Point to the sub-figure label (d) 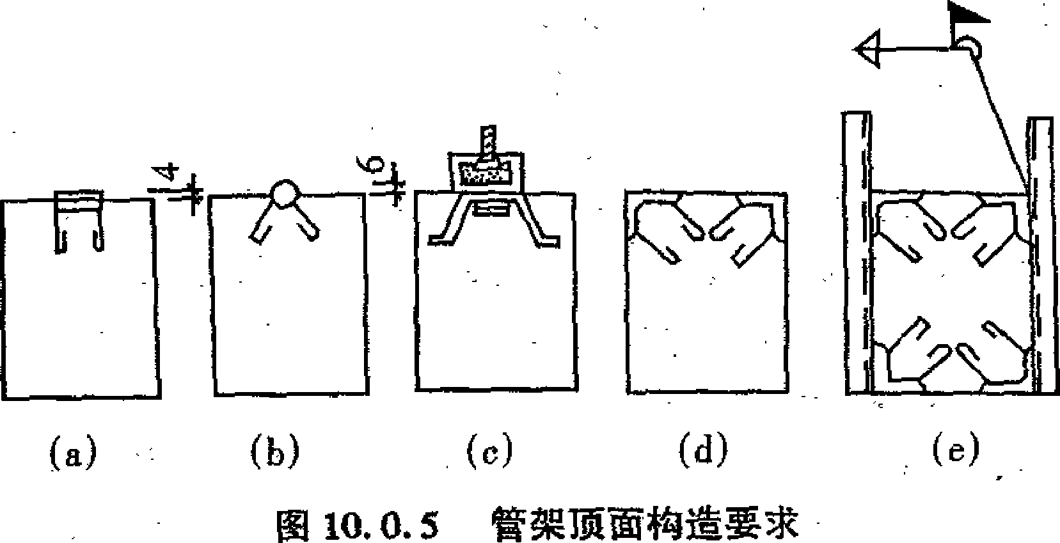coord(703,452)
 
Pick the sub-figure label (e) coord(956,450)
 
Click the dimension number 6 coord(374,168)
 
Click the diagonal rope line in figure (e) coord(1001,122)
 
